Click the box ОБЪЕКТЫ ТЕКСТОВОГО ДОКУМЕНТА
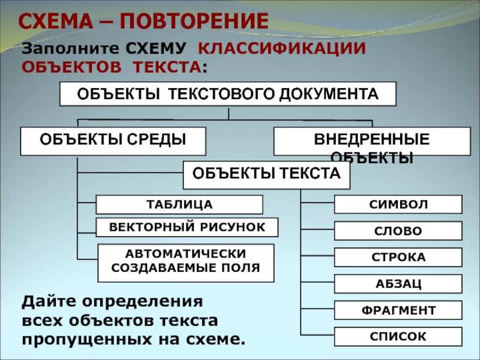click(x=228, y=94)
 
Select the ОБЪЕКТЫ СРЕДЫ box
click(x=113, y=141)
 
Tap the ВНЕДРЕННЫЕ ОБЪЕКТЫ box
click(x=372, y=141)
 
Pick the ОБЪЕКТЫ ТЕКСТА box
click(x=266, y=175)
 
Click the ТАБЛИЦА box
click(x=179, y=205)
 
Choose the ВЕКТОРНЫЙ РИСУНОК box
click(x=187, y=227)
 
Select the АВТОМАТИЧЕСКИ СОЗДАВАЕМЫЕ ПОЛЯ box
click(x=186, y=263)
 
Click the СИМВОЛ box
click(x=398, y=204)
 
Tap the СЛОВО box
click(x=398, y=231)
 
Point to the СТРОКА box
click(x=398, y=257)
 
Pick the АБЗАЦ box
click(x=398, y=284)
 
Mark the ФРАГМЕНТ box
click(x=398, y=310)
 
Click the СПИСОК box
click(x=398, y=337)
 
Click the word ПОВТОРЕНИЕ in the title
click(x=194, y=21)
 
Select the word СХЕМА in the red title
click(x=55, y=21)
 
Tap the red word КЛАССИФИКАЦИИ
click(x=281, y=49)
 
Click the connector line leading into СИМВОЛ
click(x=317, y=203)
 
